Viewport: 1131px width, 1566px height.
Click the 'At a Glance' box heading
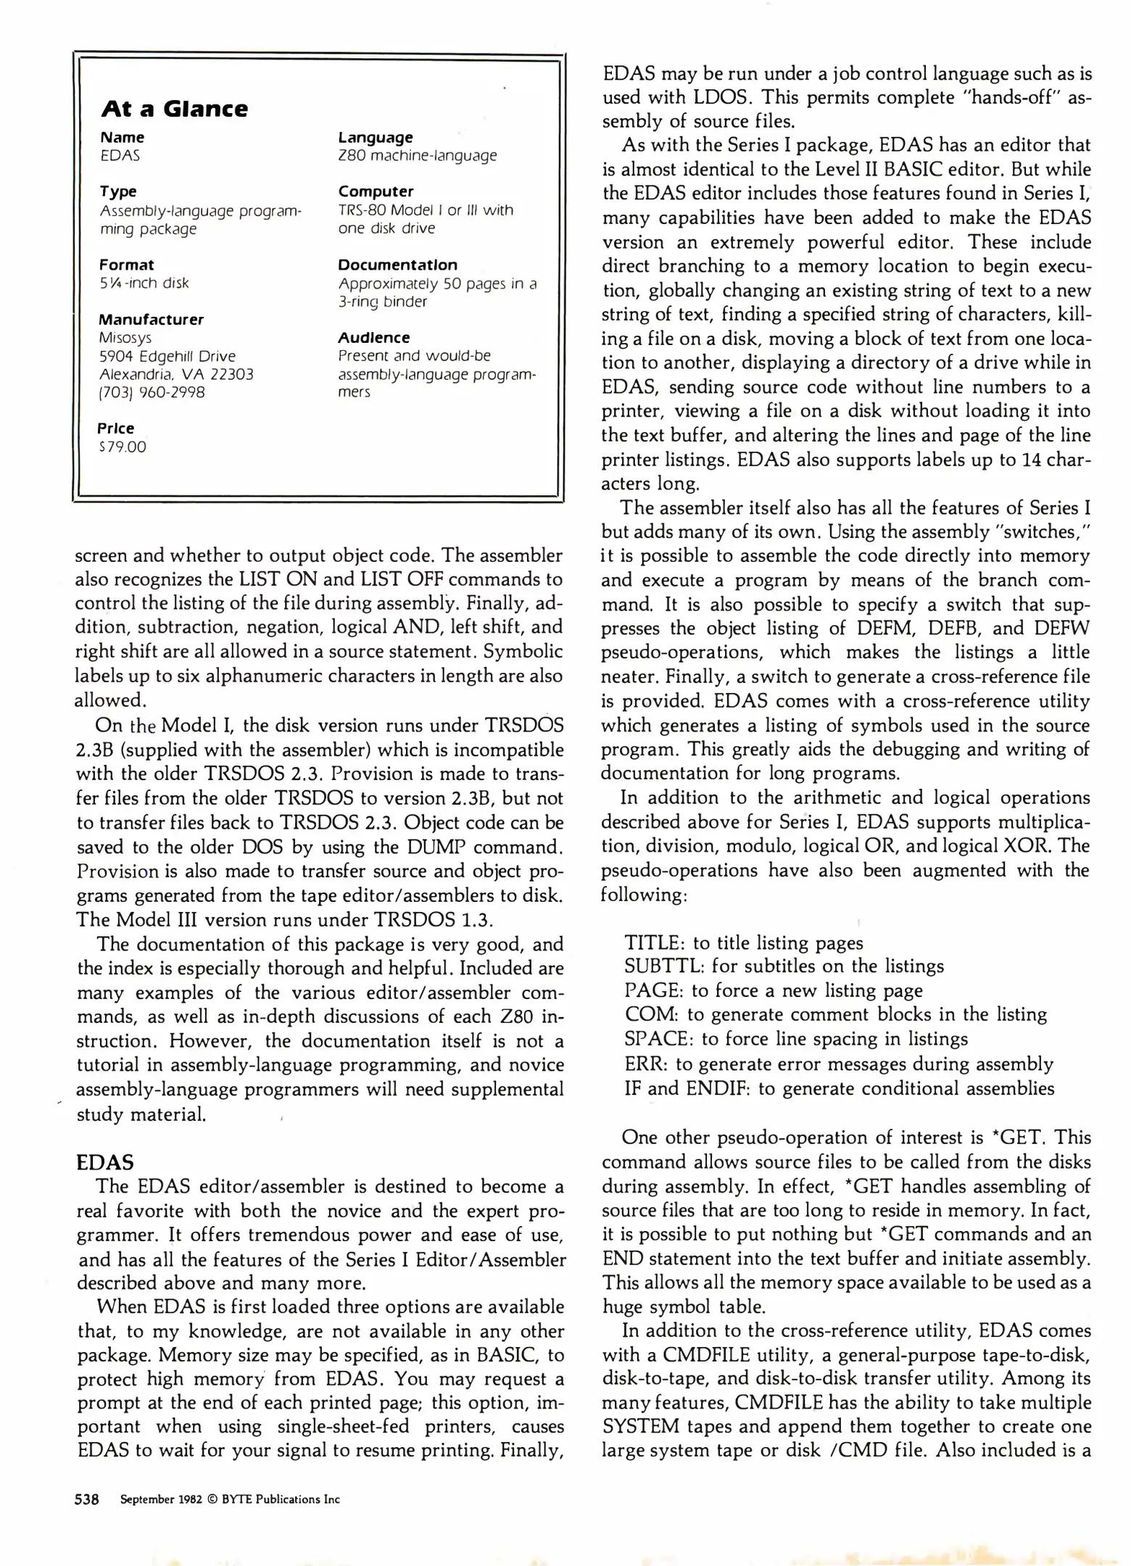pos(174,109)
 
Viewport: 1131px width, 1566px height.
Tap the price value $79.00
pos(123,447)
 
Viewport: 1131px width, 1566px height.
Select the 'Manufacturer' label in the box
pos(151,320)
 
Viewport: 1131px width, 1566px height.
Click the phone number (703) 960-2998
pos(152,392)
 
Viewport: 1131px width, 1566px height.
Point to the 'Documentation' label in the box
pos(397,265)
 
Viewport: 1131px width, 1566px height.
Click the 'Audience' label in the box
pos(373,338)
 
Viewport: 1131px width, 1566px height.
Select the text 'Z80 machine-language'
pos(417,156)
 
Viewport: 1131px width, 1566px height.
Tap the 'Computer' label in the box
pos(376,191)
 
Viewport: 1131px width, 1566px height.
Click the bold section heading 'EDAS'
pos(104,1163)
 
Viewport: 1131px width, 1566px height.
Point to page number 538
pos(87,1499)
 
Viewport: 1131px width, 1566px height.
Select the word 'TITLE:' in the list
pos(655,942)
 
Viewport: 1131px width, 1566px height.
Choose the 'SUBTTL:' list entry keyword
pos(664,966)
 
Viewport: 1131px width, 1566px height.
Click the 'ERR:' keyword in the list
pos(647,1064)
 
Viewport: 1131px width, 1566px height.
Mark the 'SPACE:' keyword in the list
pos(659,1040)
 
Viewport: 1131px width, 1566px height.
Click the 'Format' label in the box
pos(126,265)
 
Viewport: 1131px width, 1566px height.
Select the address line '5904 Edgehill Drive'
pos(167,356)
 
